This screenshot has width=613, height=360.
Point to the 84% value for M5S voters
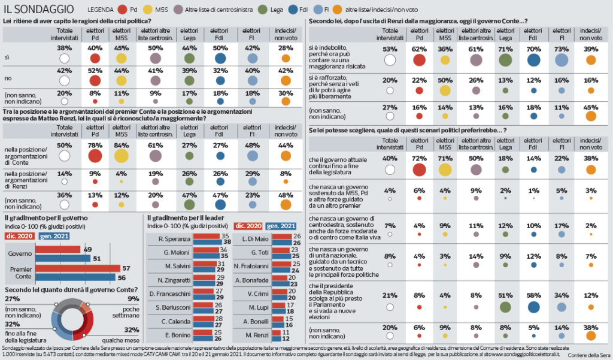122,146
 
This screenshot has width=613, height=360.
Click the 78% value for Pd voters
94,146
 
